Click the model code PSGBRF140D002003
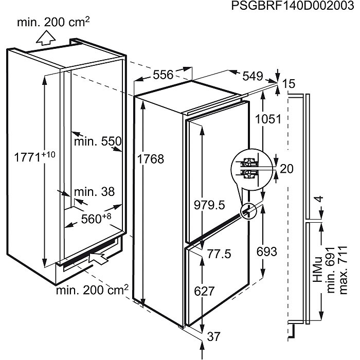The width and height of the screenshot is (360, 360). tap(292, 6)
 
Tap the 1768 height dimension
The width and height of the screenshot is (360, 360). tap(151, 159)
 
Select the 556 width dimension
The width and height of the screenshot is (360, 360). tap(163, 75)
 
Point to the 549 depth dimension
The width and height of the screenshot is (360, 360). tap(253, 76)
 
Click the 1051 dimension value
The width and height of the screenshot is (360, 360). tap(268, 119)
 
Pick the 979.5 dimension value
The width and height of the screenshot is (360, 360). tap(209, 205)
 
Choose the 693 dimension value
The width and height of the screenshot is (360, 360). tap(267, 251)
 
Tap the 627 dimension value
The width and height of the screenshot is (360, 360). tap(204, 292)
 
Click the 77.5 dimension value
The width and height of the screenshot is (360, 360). tap(219, 254)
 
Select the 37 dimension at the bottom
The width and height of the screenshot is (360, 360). tap(213, 337)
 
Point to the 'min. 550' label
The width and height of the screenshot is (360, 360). tap(98, 141)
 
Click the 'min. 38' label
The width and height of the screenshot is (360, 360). tap(94, 191)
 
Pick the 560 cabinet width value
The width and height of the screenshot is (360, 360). tap(96, 218)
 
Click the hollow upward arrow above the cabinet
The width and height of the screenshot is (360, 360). tap(46, 38)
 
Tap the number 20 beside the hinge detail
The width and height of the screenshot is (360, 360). tap(286, 169)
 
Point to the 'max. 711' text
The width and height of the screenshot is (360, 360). tap(343, 270)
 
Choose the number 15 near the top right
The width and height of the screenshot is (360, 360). tap(289, 83)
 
